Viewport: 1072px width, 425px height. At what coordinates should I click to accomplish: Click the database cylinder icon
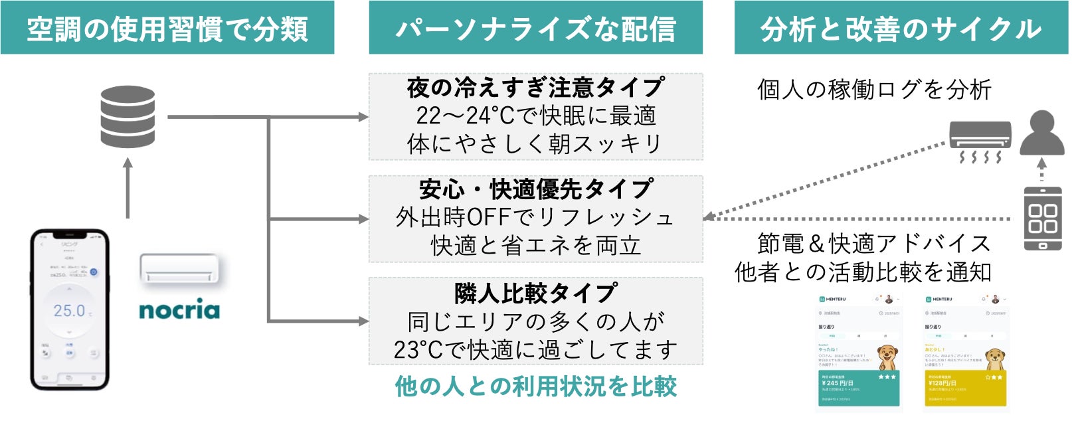(128, 117)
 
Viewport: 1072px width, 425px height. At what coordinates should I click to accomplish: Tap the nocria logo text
(179, 310)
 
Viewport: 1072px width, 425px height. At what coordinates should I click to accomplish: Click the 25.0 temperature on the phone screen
(70, 311)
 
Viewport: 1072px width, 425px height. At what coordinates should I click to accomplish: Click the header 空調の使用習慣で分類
(167, 29)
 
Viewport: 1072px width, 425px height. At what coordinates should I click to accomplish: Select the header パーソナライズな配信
(535, 29)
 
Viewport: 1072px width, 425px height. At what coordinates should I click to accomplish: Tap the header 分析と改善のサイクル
(901, 29)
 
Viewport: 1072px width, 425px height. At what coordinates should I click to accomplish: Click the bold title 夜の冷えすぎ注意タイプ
(535, 87)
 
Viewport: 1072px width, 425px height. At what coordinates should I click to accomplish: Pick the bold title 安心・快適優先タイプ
(535, 189)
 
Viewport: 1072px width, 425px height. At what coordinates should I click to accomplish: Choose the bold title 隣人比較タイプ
(535, 292)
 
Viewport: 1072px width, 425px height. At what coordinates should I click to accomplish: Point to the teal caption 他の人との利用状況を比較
(535, 386)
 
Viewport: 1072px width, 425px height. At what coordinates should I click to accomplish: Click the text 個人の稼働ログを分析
(874, 89)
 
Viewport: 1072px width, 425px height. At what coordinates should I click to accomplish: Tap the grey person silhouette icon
(1041, 133)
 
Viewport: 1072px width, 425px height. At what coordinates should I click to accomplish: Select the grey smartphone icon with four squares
(1042, 218)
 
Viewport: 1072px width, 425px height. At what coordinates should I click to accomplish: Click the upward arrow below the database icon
(128, 188)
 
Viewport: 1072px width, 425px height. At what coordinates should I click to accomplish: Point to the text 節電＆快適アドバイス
(874, 244)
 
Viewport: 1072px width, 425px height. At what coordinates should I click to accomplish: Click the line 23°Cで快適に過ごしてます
(535, 350)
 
